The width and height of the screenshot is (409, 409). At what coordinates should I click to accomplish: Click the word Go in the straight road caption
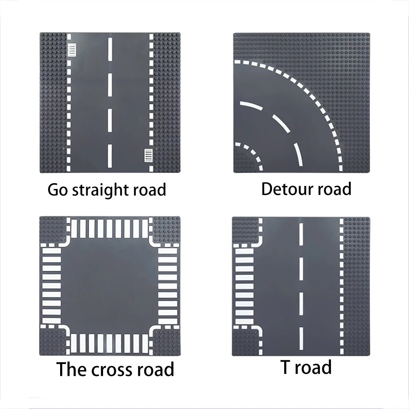[58, 190]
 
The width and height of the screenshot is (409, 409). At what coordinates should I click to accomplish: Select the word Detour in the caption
[285, 189]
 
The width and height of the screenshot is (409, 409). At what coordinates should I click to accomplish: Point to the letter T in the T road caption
[285, 367]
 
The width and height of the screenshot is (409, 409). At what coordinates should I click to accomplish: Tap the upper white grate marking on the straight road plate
[72, 49]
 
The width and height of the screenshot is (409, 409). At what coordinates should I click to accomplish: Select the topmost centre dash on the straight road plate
[110, 48]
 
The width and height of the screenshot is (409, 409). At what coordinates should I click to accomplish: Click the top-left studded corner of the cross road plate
[51, 229]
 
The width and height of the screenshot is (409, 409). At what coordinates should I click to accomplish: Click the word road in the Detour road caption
[330, 189]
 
